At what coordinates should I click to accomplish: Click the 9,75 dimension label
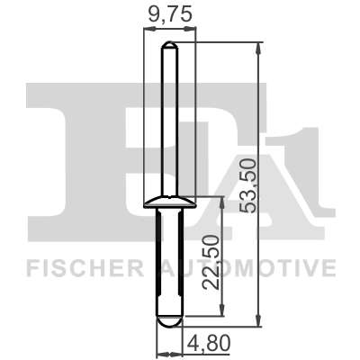(170, 14)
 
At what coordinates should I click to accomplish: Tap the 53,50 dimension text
(249, 186)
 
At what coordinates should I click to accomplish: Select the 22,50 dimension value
(211, 262)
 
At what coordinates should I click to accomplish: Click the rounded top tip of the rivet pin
(170, 45)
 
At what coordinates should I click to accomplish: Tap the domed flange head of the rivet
(170, 202)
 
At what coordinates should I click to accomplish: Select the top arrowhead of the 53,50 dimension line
(258, 48)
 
